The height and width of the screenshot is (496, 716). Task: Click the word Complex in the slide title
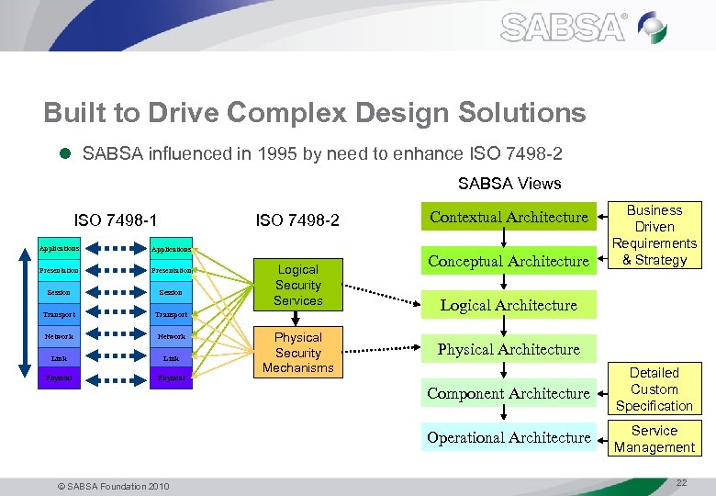click(292, 113)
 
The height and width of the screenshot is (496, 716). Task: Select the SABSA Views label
click(509, 184)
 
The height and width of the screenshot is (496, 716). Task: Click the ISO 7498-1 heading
click(116, 220)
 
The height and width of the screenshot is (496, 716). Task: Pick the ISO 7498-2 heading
click(297, 220)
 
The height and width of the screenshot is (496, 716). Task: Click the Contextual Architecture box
click(509, 217)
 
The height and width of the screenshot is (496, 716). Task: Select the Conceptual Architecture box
click(509, 261)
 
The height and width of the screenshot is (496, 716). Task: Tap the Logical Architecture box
click(509, 305)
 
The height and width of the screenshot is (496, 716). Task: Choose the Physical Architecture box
click(509, 349)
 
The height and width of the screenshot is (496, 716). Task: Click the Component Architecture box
click(509, 393)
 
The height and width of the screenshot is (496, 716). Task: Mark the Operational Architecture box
click(509, 437)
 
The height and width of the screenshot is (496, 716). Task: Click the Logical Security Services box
click(297, 285)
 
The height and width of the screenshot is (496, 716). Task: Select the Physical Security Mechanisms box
click(297, 353)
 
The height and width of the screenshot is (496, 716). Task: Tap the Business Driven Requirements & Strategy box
click(654, 235)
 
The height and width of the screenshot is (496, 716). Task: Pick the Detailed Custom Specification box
click(654, 389)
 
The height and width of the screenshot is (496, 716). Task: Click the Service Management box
click(654, 439)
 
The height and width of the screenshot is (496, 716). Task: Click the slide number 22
click(680, 483)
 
